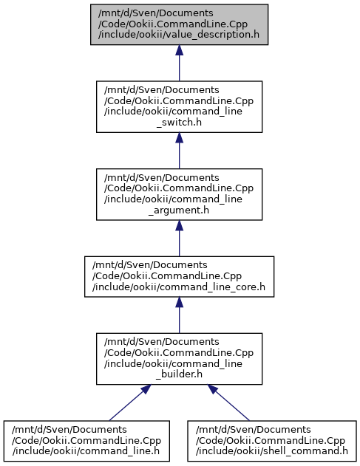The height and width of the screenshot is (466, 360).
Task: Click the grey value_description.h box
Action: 179,24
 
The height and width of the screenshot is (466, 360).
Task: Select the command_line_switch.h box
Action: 179,106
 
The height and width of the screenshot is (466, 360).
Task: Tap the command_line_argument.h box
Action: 179,194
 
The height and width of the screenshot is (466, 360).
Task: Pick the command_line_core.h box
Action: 179,276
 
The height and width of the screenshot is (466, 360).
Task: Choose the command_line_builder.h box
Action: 179,359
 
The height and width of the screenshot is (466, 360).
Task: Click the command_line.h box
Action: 86,441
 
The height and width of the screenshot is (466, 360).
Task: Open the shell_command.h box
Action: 271,441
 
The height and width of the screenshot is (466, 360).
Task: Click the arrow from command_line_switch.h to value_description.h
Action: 179,63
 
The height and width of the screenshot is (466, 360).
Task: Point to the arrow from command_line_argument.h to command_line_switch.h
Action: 179,151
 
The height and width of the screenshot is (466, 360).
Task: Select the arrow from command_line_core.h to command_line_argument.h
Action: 179,239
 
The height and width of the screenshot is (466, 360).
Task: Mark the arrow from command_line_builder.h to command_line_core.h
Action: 179,315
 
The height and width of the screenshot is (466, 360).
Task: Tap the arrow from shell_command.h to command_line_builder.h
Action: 228,402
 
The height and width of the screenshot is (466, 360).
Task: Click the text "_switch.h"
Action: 179,122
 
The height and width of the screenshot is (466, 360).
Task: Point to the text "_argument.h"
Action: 179,210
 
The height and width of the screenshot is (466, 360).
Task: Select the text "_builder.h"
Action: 179,374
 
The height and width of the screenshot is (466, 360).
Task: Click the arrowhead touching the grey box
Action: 179,50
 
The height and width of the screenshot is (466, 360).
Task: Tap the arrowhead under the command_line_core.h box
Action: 179,302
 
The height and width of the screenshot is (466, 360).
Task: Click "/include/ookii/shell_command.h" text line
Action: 271,451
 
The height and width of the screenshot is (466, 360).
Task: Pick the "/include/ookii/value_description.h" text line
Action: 179,35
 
